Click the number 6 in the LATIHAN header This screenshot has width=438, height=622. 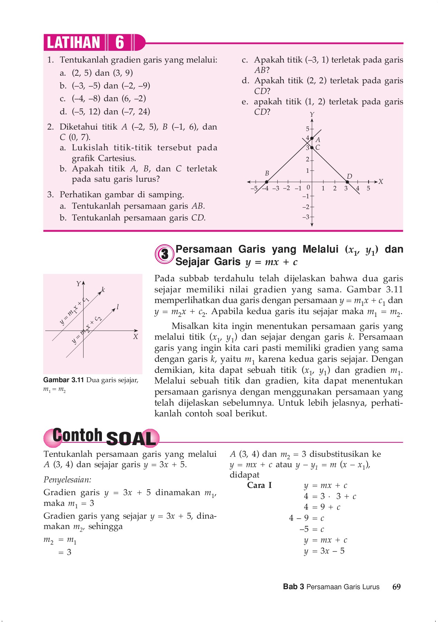coord(120,43)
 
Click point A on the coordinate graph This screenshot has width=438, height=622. coord(312,138)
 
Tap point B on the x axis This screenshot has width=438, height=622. coord(266,182)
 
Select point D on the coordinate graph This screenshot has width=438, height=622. coord(347,182)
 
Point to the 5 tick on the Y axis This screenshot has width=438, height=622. coord(307,129)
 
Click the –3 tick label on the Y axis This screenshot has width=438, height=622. coord(306,217)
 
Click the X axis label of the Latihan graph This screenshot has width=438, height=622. coord(381,182)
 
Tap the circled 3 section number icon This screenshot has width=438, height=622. coord(165,254)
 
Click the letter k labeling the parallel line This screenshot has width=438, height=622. coord(103,290)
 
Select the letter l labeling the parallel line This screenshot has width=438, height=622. coord(118,307)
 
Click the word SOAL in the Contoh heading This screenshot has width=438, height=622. coord(131,439)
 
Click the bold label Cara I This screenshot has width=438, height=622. coord(259,485)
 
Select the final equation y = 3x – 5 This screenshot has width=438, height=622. coord(324,551)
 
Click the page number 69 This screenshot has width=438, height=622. coord(397,587)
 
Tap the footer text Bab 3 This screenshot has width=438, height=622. coord(293,587)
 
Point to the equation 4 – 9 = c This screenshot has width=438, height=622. coord(306,518)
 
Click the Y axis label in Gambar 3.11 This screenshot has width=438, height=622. coord(78,284)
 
